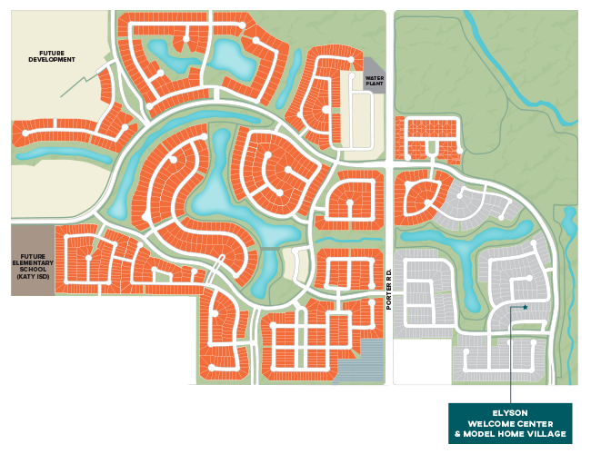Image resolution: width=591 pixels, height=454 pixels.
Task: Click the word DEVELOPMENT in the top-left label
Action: (50, 60)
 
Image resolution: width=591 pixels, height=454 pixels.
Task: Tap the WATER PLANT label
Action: (375, 79)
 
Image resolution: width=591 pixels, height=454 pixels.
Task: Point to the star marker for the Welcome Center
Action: (525, 307)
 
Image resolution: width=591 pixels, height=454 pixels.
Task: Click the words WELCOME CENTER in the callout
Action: (510, 423)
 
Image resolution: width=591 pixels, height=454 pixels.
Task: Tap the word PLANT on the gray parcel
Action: (375, 83)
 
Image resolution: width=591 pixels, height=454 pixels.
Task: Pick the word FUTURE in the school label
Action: (32, 258)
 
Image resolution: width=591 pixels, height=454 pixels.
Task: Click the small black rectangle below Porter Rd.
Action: (422, 361)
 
